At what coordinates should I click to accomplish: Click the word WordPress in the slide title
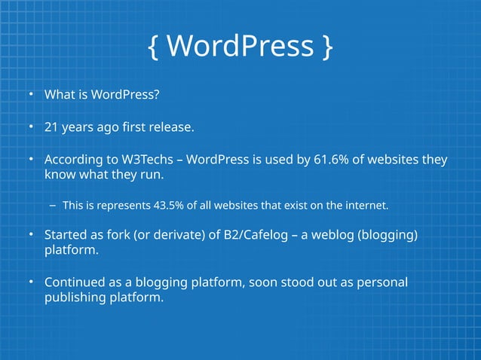(240, 46)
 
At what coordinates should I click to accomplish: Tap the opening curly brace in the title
(154, 47)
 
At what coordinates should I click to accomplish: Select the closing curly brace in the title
(326, 47)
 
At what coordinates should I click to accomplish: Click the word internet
(366, 205)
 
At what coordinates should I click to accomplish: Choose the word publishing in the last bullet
(74, 298)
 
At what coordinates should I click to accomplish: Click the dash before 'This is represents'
(54, 205)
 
